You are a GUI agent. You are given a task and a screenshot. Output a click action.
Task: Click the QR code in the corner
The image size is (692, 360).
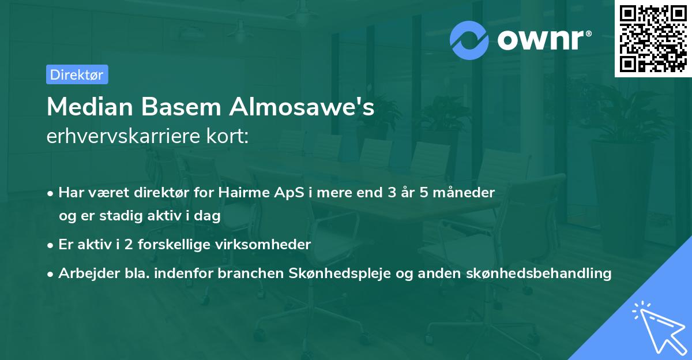(653, 38)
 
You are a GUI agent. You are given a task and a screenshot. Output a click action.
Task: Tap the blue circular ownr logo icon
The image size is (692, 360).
(469, 40)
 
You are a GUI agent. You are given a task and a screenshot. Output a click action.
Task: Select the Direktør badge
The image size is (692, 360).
(77, 74)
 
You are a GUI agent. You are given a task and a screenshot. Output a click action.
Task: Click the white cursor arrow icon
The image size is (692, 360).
(656, 326)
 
